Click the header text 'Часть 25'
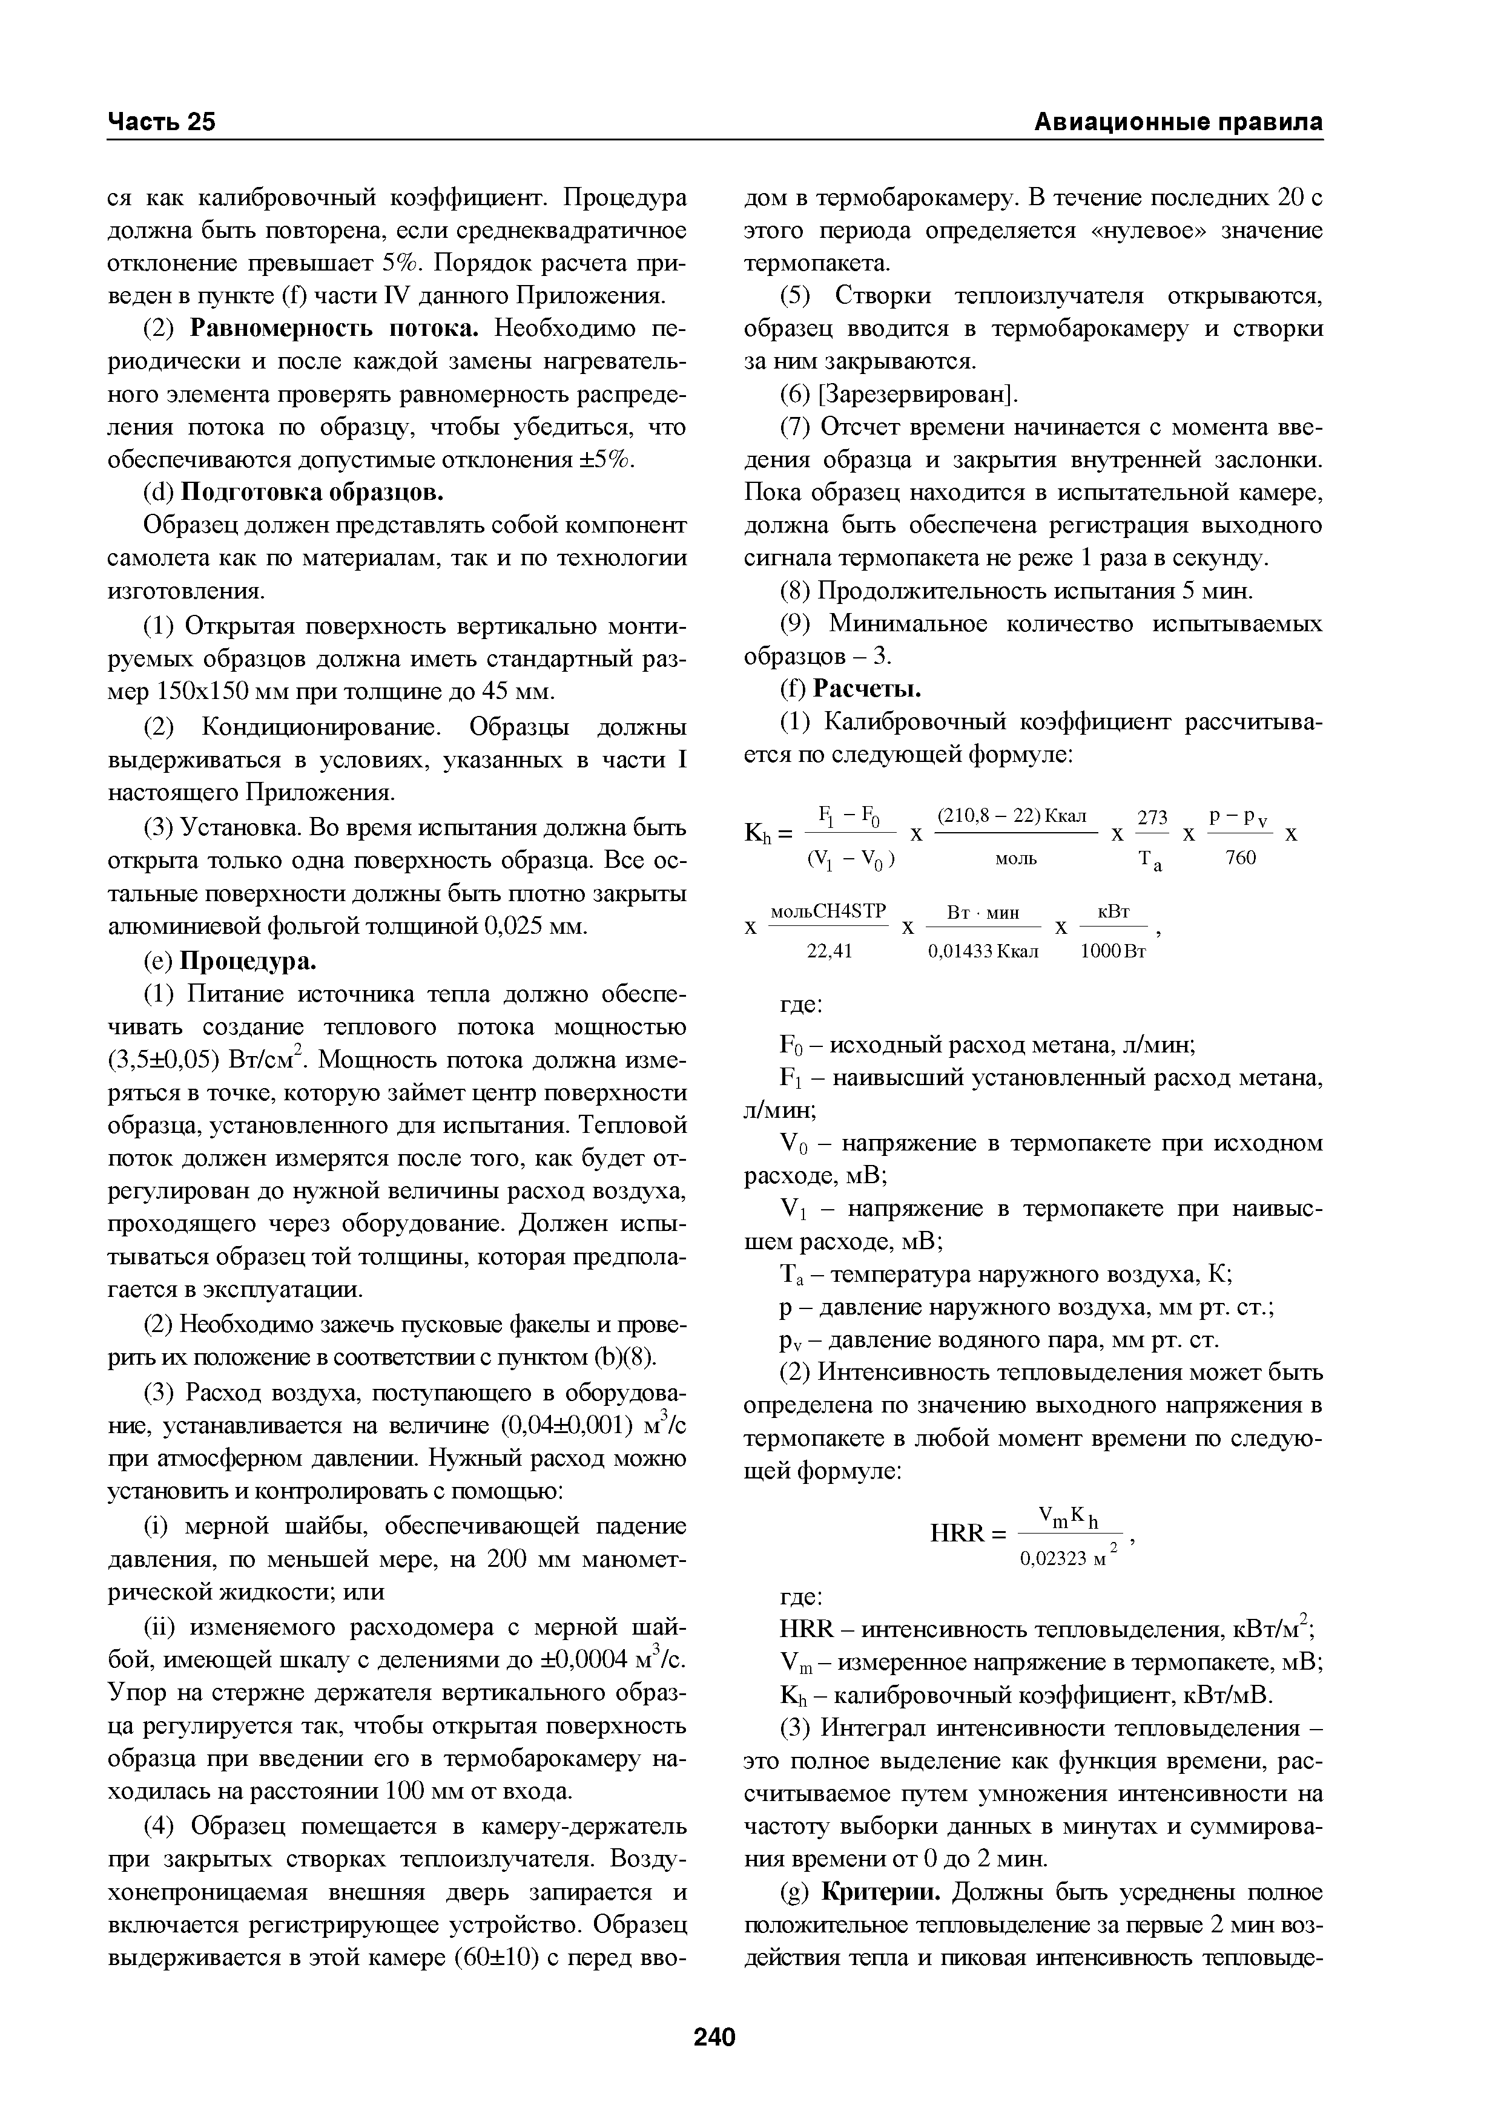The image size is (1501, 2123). (162, 122)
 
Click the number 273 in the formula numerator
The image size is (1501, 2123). (1152, 818)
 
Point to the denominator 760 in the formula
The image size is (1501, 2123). (1240, 859)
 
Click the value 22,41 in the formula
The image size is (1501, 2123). (830, 951)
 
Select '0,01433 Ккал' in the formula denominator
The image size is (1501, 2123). (983, 951)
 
